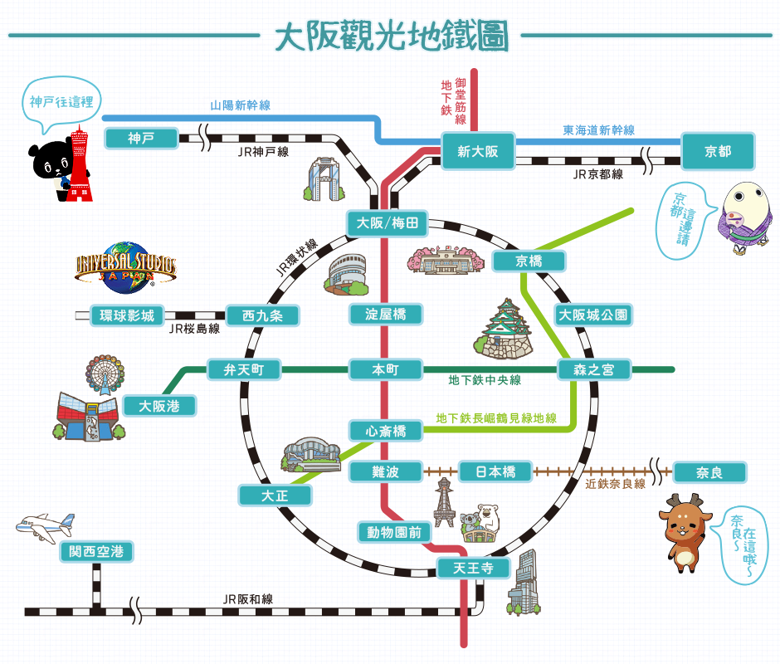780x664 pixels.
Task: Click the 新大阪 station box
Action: tap(479, 151)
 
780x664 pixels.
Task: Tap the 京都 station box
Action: tap(718, 151)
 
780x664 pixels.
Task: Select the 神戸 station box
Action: tap(141, 138)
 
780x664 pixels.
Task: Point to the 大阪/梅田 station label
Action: tap(387, 223)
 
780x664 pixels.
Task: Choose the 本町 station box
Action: tap(385, 369)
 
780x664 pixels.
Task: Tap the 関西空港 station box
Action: tap(96, 551)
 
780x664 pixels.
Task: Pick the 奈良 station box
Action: tap(709, 472)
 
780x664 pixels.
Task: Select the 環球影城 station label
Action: tap(127, 315)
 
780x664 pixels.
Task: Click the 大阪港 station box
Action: tap(158, 406)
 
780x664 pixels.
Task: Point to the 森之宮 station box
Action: tap(594, 369)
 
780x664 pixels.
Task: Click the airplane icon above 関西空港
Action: tap(46, 525)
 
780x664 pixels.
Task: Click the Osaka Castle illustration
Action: tap(504, 330)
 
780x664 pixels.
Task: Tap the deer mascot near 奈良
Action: tap(684, 531)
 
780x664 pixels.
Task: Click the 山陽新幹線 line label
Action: tap(240, 105)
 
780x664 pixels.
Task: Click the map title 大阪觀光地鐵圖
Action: tap(390, 36)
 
